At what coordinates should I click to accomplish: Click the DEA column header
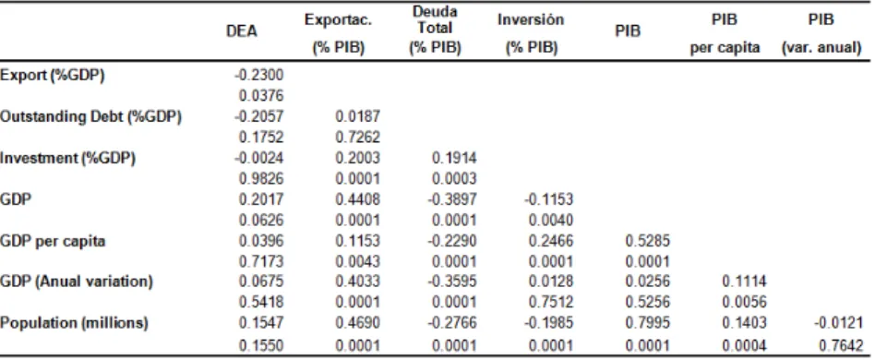pos(242,31)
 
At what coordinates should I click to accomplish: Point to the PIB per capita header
pos(725,34)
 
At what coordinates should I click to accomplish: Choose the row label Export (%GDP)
pos(53,76)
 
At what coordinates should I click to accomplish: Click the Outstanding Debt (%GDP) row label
pos(91,116)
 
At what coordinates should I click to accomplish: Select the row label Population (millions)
pos(74,323)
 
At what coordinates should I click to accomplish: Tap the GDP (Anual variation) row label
pos(77,282)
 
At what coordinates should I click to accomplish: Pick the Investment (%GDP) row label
pos(67,158)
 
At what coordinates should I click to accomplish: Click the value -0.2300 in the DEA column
pos(258,76)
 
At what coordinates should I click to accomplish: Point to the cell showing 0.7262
pos(358,138)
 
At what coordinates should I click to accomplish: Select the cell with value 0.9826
pos(261,178)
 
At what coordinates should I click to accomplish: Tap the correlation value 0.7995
pos(647,323)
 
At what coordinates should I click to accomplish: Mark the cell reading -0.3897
pos(452,199)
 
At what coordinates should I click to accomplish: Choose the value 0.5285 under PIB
pos(647,241)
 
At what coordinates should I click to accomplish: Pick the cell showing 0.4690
pos(358,323)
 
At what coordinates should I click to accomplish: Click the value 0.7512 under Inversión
pos(551,303)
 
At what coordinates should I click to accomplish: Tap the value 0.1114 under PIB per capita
pos(745,282)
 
